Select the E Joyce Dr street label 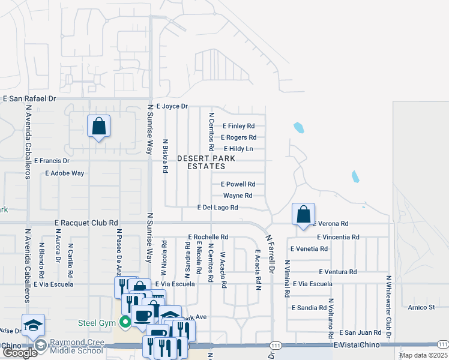[x=172, y=106]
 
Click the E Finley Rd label [x=239, y=126]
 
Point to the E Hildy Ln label [x=238, y=149]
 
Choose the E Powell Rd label [x=238, y=184]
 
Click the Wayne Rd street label [x=238, y=196]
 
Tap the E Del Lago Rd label [x=218, y=208]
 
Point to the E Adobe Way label [x=65, y=173]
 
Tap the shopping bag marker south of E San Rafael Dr [x=98, y=126]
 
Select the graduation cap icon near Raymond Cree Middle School [x=34, y=325]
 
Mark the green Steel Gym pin [x=125, y=323]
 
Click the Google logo [x=20, y=353]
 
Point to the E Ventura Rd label [x=338, y=272]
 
